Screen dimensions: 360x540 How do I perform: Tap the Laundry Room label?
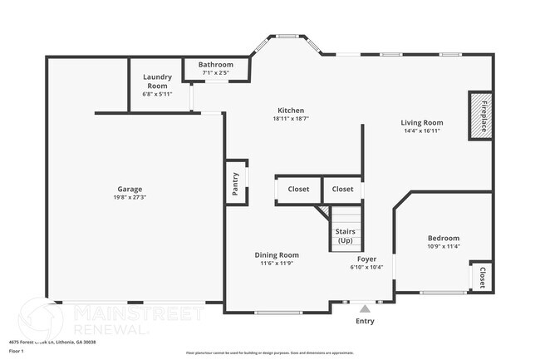click(156, 81)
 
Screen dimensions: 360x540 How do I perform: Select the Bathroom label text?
click(216, 65)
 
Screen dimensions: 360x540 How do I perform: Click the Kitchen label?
click(291, 111)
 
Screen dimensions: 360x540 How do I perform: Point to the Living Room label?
click(423, 122)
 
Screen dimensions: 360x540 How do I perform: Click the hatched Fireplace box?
click(479, 115)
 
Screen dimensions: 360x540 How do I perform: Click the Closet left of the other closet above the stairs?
click(298, 190)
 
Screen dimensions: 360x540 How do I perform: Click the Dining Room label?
click(277, 255)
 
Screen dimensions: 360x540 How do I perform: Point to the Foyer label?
click(367, 258)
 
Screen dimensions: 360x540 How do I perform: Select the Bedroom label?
click(443, 239)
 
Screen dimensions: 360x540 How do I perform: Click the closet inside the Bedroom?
click(480, 277)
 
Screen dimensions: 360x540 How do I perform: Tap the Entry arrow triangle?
click(364, 308)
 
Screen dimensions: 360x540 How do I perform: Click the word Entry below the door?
click(365, 321)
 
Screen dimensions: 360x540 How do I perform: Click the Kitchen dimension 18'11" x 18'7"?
click(291, 120)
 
